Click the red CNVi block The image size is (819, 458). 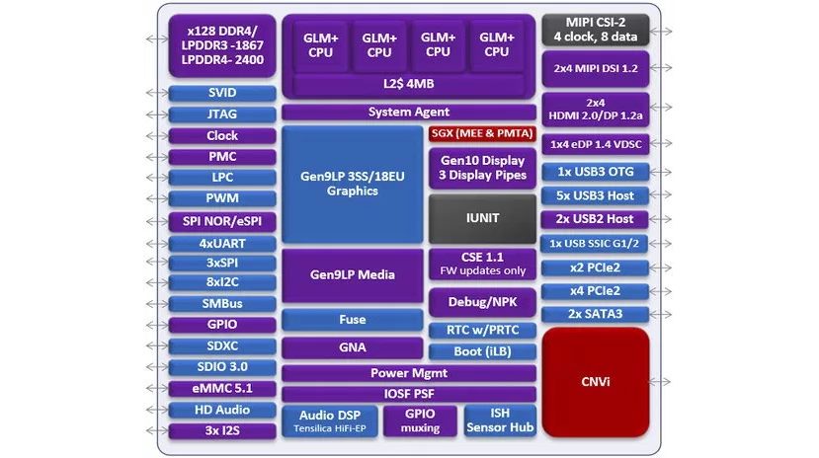595,380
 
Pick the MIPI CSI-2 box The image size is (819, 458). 595,29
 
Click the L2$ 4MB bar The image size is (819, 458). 409,85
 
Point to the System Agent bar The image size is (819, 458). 409,113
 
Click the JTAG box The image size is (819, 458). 222,114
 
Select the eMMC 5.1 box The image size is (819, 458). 222,389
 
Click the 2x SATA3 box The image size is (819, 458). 595,314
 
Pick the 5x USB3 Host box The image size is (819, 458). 595,195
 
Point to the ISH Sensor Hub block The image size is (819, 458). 500,420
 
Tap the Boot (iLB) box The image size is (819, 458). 482,351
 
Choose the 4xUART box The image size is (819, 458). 222,243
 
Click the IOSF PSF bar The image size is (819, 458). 409,394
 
